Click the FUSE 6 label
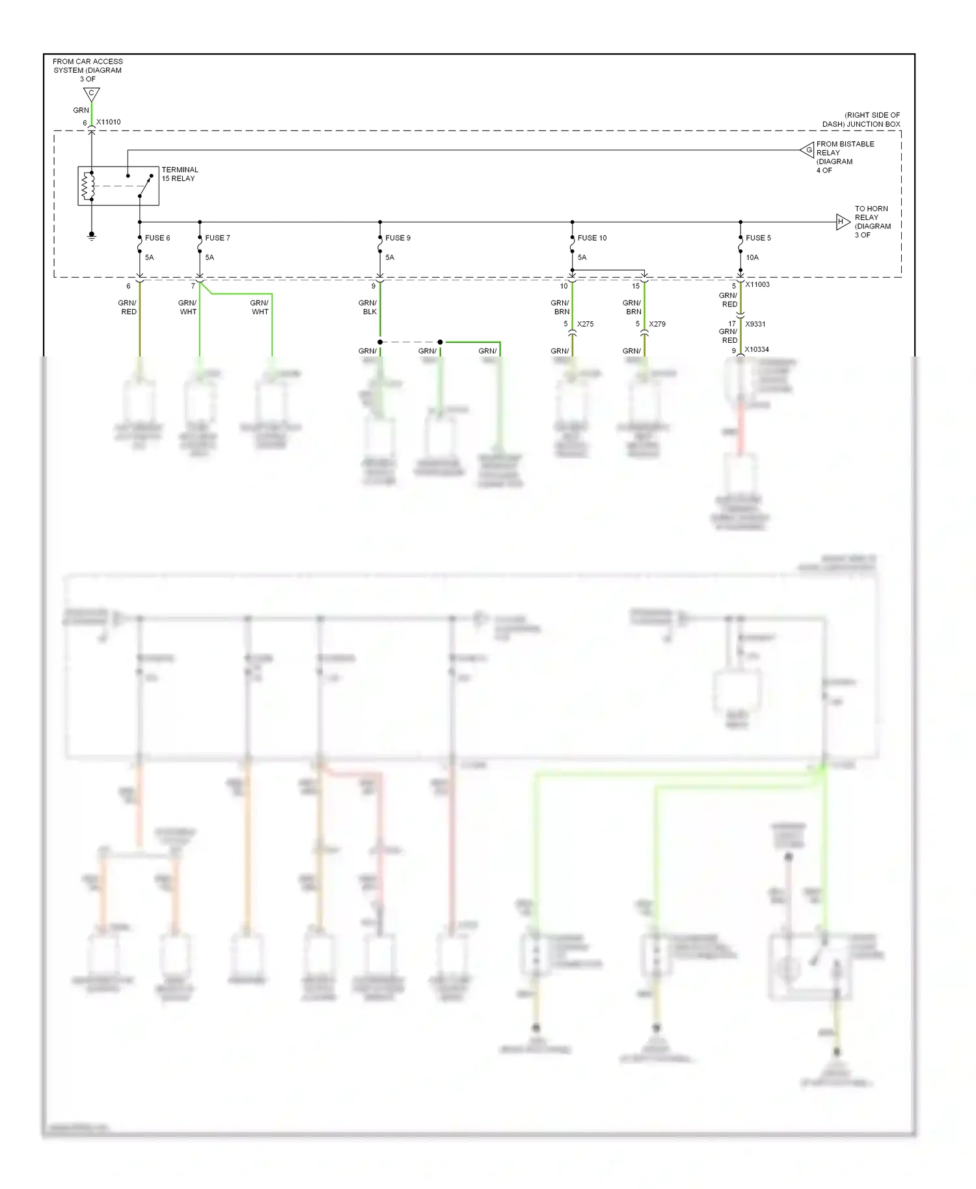(x=157, y=238)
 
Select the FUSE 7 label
(x=217, y=238)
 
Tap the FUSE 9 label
(x=398, y=238)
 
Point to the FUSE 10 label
(x=591, y=238)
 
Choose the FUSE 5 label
(x=758, y=238)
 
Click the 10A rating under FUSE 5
(x=752, y=258)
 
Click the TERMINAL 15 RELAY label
(x=180, y=174)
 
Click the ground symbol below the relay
(x=92, y=236)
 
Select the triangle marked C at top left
(x=91, y=94)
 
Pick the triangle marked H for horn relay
(x=842, y=222)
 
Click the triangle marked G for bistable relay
(x=807, y=150)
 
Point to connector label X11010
(x=109, y=122)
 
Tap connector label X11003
(x=757, y=285)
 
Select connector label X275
(x=585, y=324)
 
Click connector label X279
(x=657, y=324)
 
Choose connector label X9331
(x=755, y=324)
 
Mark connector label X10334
(x=757, y=350)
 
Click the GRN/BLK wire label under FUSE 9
(x=368, y=308)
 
